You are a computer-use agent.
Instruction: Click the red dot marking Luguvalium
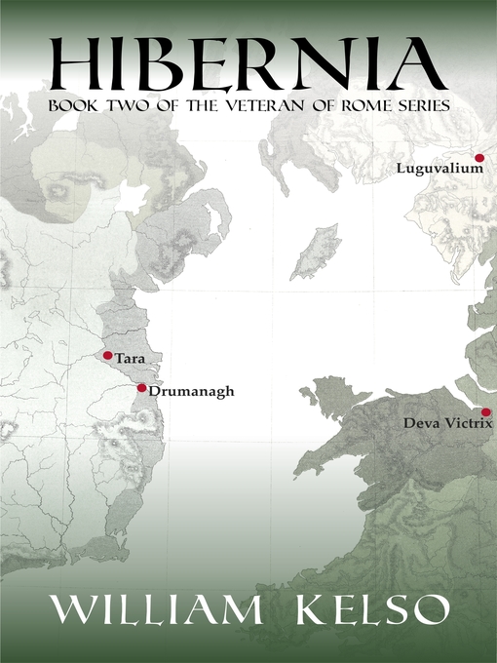click(479, 157)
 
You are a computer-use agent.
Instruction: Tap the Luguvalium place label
click(440, 169)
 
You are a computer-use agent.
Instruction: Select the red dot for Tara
click(107, 355)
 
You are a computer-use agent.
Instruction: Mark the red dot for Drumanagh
click(141, 388)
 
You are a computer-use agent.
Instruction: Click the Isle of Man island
click(317, 251)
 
